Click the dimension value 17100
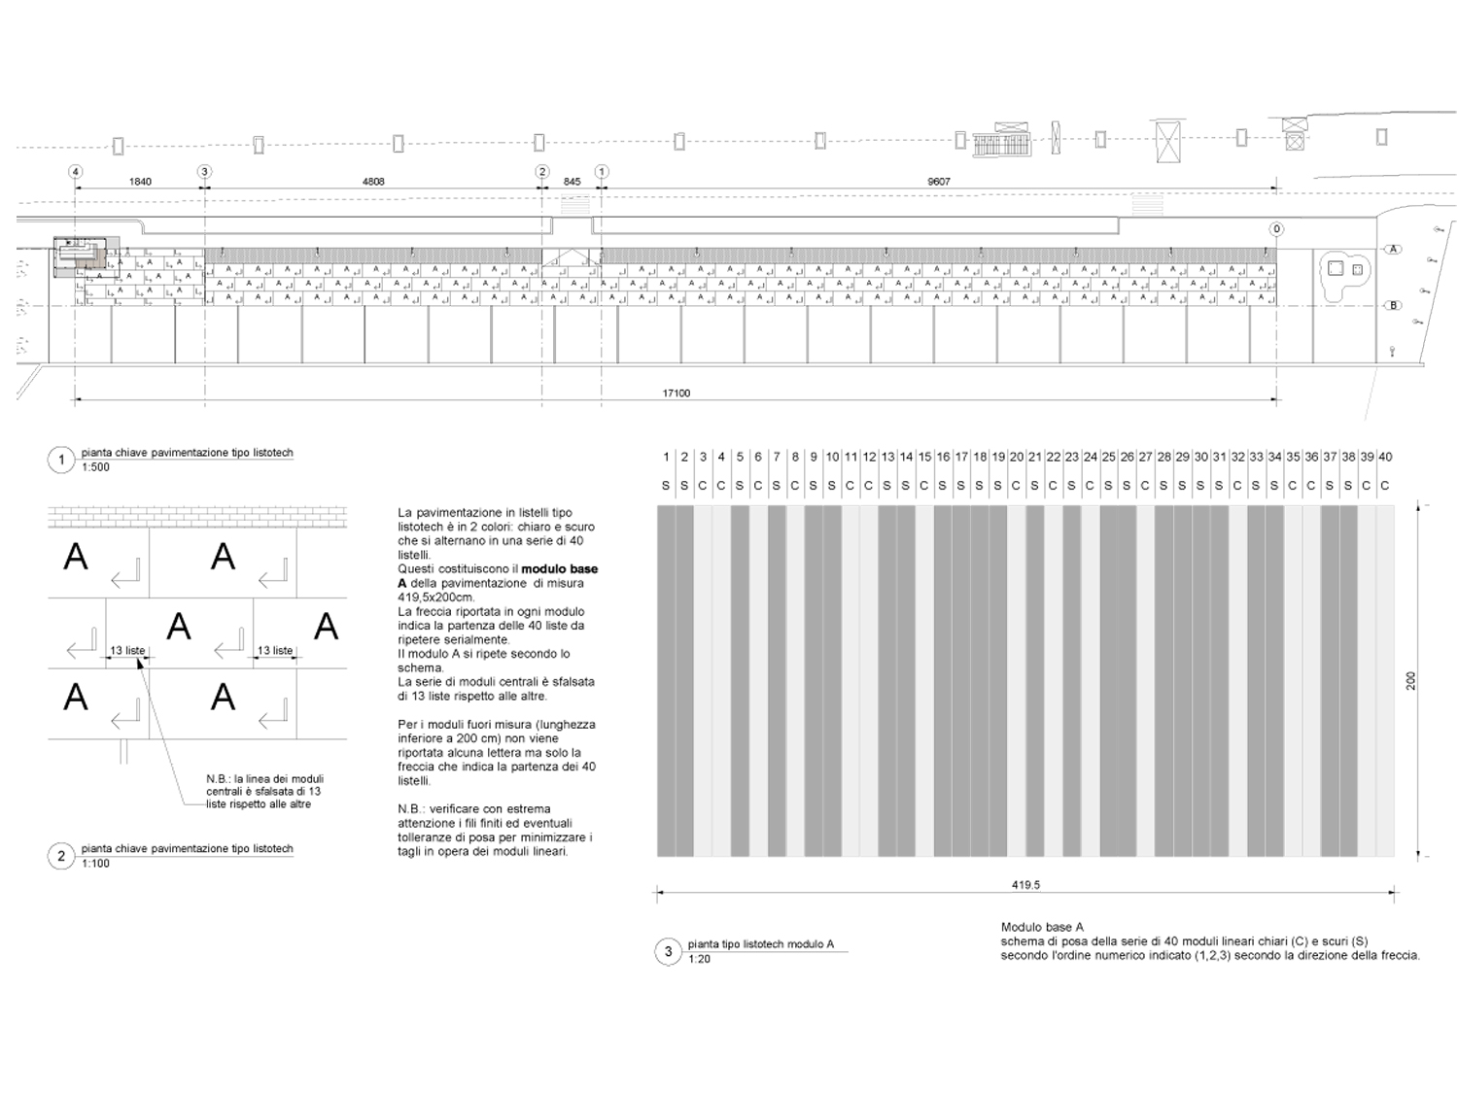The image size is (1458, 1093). pos(676,393)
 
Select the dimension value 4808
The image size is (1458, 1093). pos(373,182)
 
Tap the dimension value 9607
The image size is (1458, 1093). pos(939,182)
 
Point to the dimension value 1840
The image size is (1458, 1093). pos(140,182)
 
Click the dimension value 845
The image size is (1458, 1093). pos(572,182)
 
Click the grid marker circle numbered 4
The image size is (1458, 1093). pos(75,172)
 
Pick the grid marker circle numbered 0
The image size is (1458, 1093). pos(1276,229)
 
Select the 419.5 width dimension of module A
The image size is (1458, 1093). pos(1025,885)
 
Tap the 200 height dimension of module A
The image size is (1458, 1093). pos(1411,681)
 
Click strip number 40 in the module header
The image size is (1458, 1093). pos(1385,457)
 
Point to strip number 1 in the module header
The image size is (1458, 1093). pos(666,457)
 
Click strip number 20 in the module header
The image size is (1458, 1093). pos(1017,457)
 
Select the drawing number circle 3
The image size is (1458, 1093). pos(668,952)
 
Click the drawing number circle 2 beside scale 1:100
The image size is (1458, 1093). pos(61,856)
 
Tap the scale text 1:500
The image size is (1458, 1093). pos(95,467)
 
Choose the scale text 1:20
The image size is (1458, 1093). pos(699,959)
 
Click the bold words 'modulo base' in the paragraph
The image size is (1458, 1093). pos(560,569)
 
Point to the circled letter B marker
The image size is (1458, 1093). pos(1393,306)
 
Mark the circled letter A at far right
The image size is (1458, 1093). pos(1393,250)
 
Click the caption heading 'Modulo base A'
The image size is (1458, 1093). pos(1042,928)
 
